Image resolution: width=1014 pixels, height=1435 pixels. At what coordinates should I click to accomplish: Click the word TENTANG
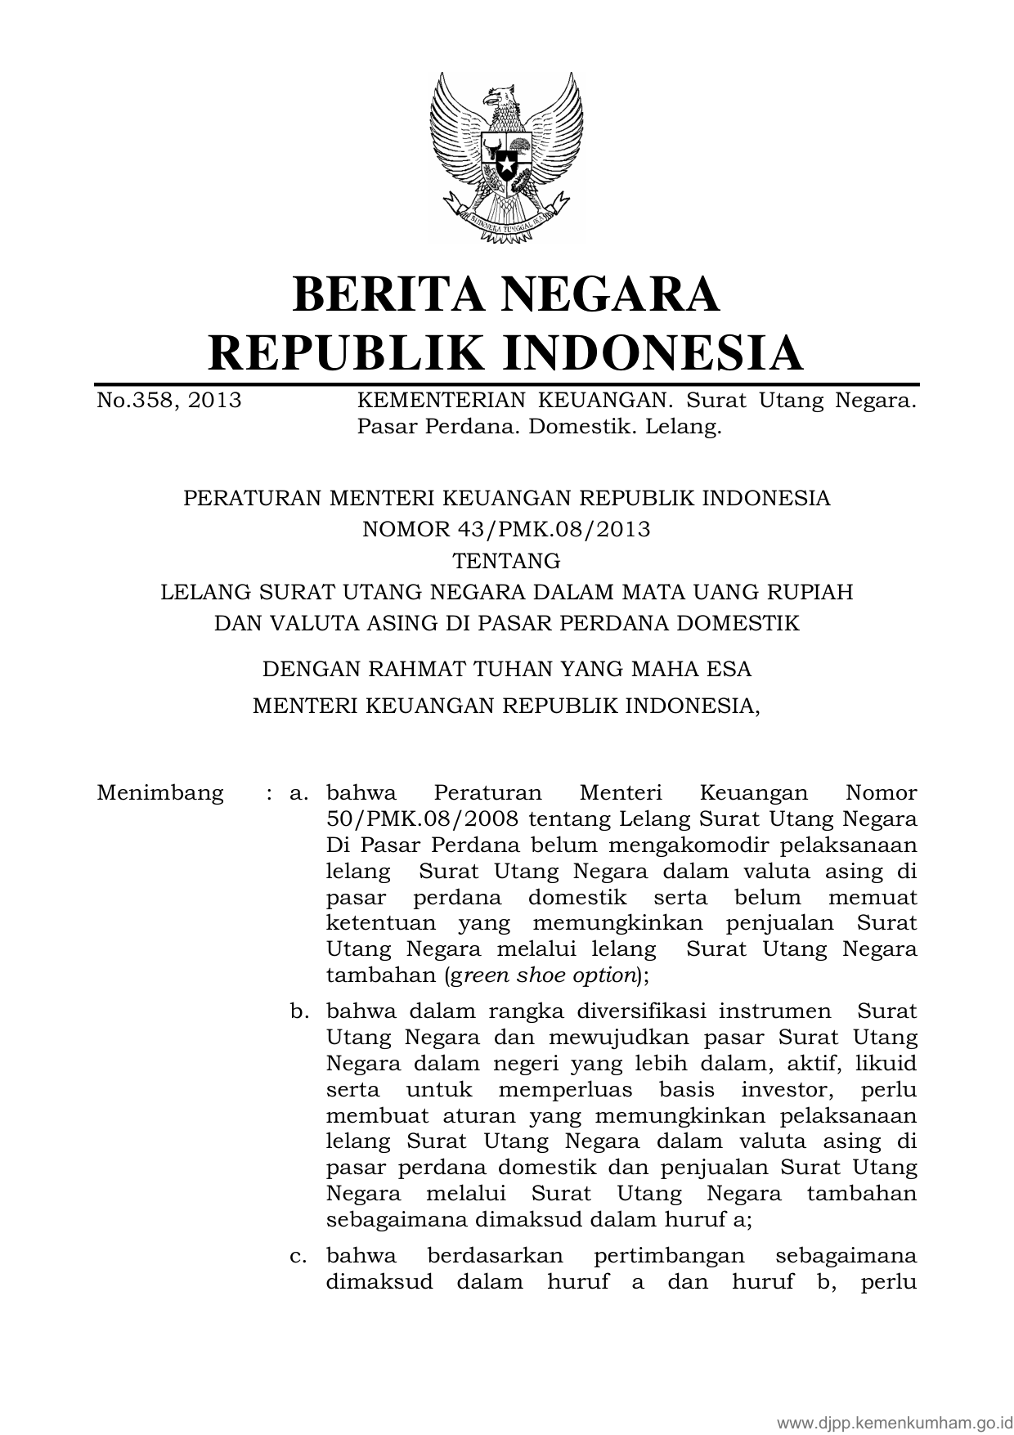(x=506, y=561)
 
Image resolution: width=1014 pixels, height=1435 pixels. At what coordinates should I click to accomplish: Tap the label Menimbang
(x=159, y=792)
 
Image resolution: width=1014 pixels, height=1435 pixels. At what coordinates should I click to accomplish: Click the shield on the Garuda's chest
(x=506, y=160)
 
